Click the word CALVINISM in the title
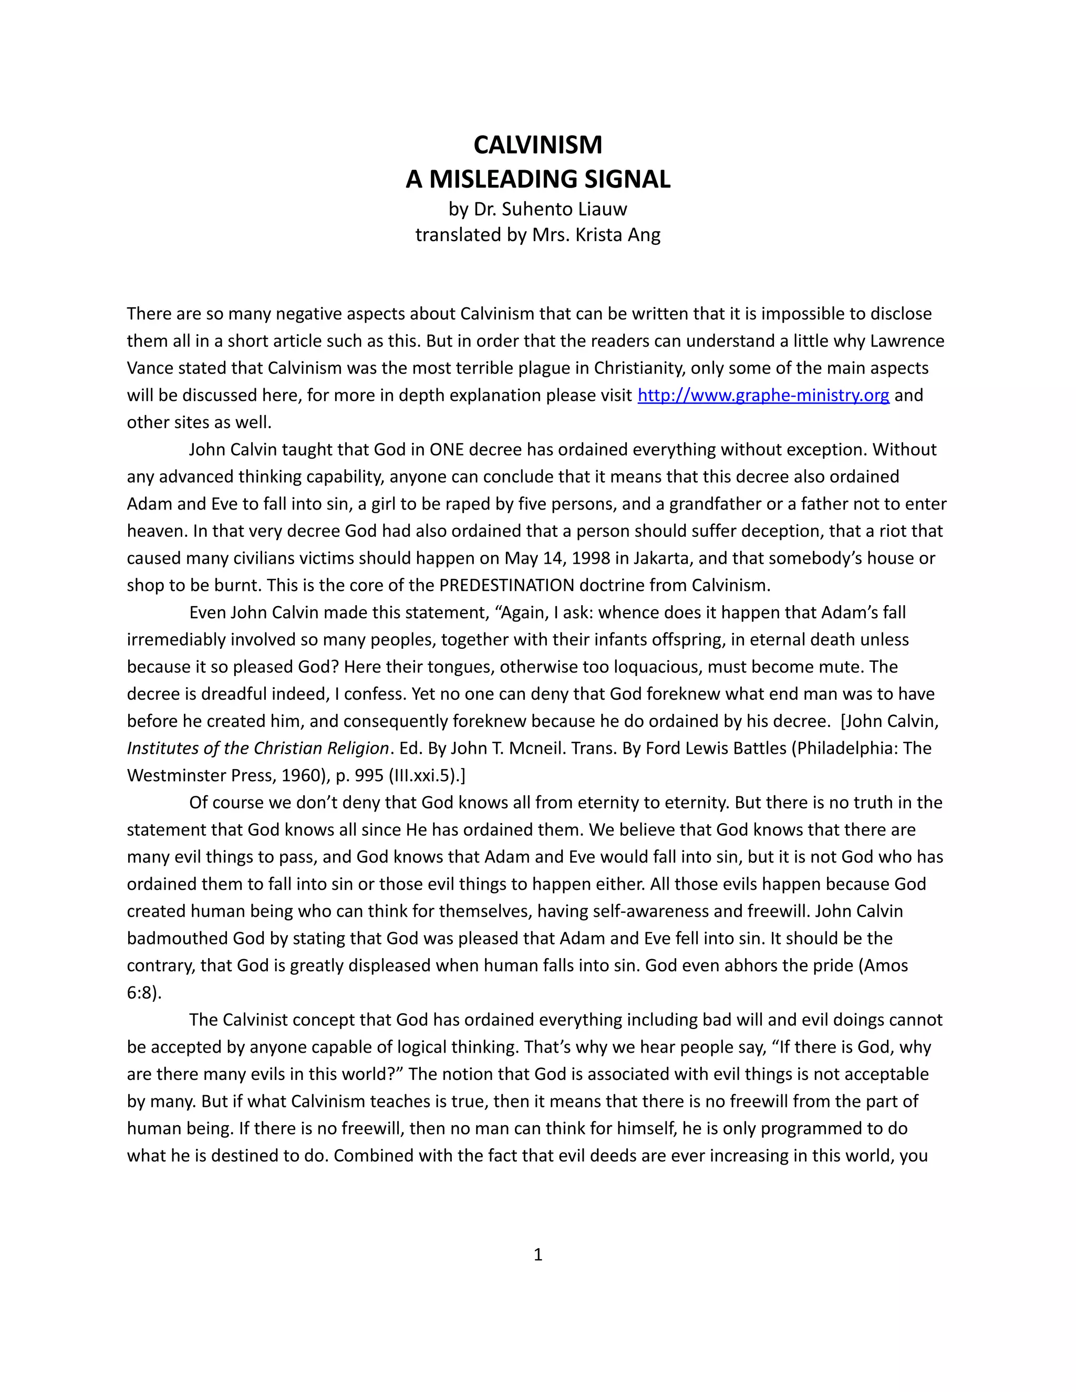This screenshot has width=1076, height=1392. [x=537, y=146]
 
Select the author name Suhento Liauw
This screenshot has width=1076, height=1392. [x=564, y=209]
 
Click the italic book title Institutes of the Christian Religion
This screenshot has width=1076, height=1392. [x=257, y=748]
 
